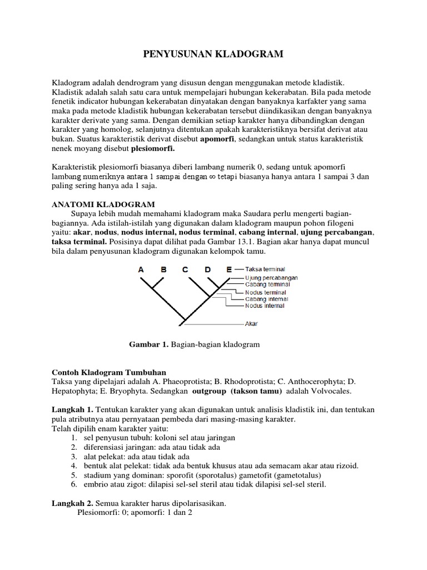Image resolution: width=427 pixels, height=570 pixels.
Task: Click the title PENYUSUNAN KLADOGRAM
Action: tap(213, 54)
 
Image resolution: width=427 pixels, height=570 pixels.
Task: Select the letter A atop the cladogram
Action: tap(141, 269)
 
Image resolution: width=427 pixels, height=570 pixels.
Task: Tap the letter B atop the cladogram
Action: tap(163, 269)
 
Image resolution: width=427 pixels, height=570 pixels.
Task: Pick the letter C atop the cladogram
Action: tap(185, 269)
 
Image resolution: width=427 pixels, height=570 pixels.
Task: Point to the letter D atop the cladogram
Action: tap(208, 269)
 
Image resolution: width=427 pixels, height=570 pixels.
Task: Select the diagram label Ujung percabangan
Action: tap(271, 277)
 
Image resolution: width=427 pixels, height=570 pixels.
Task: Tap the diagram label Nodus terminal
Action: tap(265, 292)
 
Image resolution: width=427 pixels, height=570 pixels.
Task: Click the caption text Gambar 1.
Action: tap(148, 345)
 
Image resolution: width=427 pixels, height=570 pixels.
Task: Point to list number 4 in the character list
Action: tap(73, 465)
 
